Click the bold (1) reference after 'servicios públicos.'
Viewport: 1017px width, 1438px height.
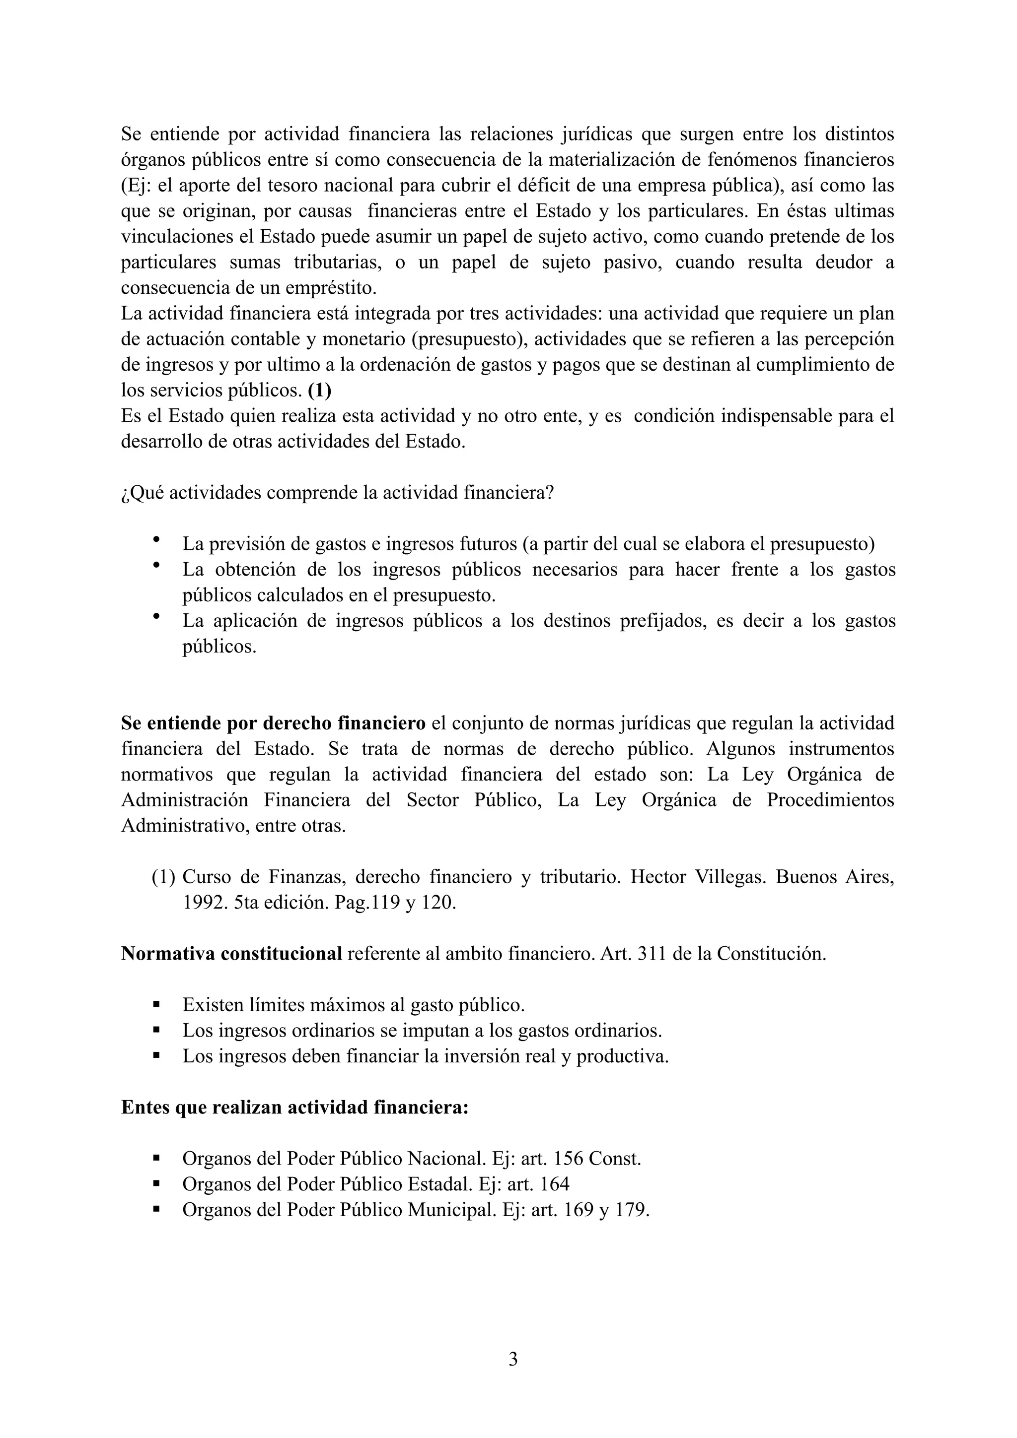tap(320, 390)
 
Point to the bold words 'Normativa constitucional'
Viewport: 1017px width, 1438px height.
tap(231, 954)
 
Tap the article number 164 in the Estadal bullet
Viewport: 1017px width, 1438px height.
tap(553, 1184)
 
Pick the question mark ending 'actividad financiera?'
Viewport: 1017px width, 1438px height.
tap(550, 493)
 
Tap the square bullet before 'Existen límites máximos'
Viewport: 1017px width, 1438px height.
tap(156, 1005)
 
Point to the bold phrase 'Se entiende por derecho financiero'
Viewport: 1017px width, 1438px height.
tap(273, 723)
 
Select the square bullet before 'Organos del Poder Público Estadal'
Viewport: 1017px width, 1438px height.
tap(156, 1184)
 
